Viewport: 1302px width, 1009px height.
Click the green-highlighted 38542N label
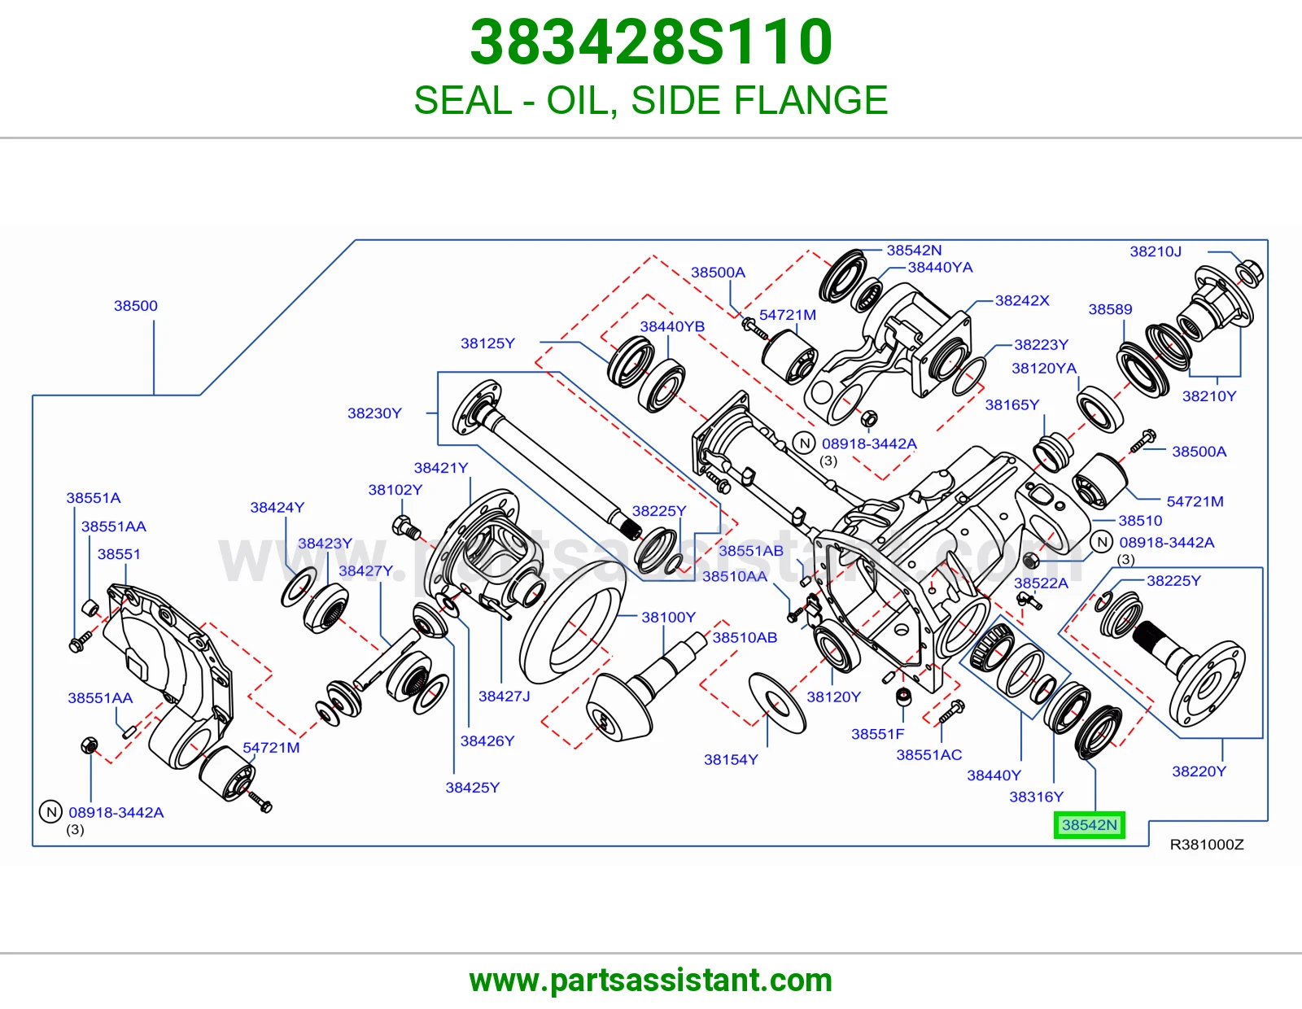coord(1090,825)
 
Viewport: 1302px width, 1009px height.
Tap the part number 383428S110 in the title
coord(651,42)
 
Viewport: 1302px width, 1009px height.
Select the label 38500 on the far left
coord(136,306)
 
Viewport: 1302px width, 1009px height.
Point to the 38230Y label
coord(374,413)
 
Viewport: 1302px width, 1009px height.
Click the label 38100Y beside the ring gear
coord(669,617)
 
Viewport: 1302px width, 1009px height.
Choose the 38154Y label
coord(731,760)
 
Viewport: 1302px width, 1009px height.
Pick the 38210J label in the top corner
coord(1156,251)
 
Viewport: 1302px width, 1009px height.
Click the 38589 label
coord(1110,309)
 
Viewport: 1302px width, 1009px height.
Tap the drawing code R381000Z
coord(1207,845)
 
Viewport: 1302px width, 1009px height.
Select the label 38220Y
coord(1199,771)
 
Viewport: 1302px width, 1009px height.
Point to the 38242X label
coord(1022,300)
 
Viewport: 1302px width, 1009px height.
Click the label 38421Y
coord(441,468)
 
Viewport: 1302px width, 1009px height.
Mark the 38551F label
coord(878,734)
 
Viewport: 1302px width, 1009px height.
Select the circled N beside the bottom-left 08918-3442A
coord(51,812)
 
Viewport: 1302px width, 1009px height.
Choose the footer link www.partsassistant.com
coord(651,981)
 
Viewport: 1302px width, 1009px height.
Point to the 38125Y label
coord(487,343)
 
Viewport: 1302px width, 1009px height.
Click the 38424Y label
coord(277,508)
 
